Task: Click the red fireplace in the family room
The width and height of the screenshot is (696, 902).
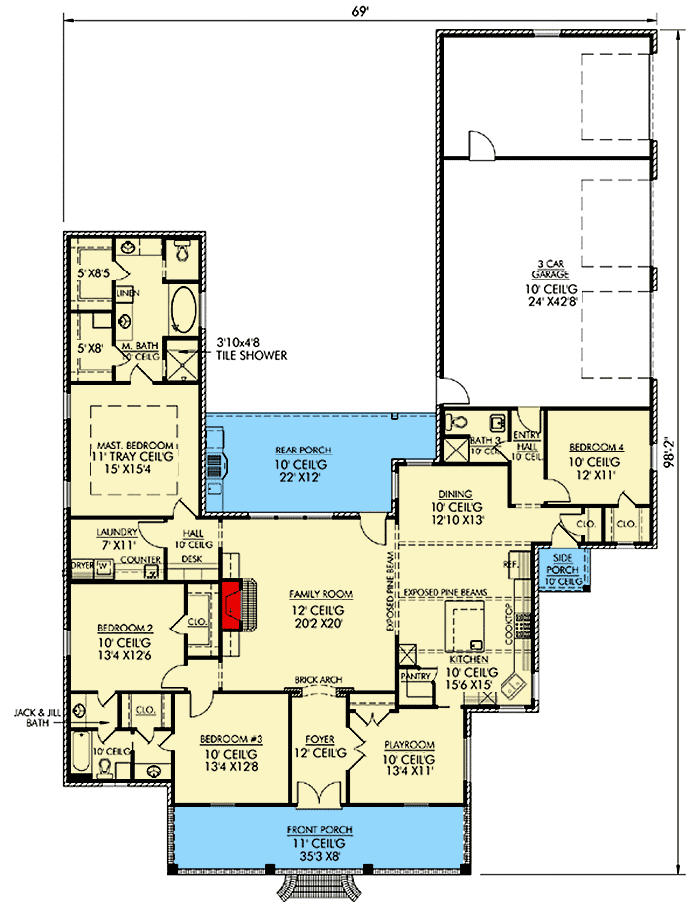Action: tap(233, 605)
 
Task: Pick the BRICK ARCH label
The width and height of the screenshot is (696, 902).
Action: tap(318, 680)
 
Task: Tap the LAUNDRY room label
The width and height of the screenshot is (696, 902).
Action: tap(116, 532)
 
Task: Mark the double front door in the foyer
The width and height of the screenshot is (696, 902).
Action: tap(317, 795)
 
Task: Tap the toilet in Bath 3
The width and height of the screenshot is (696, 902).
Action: tap(455, 422)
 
